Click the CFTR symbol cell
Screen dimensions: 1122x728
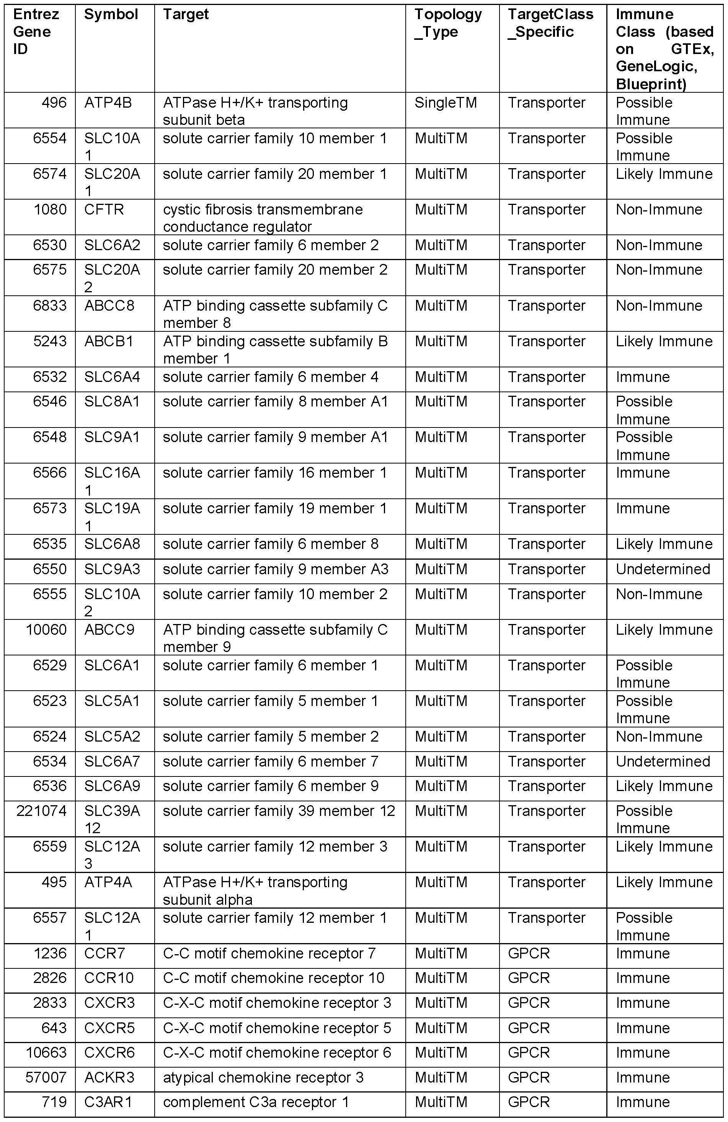click(104, 209)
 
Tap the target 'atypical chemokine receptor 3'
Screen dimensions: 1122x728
click(263, 1078)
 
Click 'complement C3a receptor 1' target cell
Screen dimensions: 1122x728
click(256, 1102)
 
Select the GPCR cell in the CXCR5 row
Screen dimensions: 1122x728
click(528, 1028)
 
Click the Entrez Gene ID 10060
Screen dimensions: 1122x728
click(46, 630)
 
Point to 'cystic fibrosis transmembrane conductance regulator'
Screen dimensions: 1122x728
click(263, 218)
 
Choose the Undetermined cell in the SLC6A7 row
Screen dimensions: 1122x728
click(663, 762)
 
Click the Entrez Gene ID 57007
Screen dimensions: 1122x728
click(46, 1078)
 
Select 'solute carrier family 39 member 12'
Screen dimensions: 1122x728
click(279, 811)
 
